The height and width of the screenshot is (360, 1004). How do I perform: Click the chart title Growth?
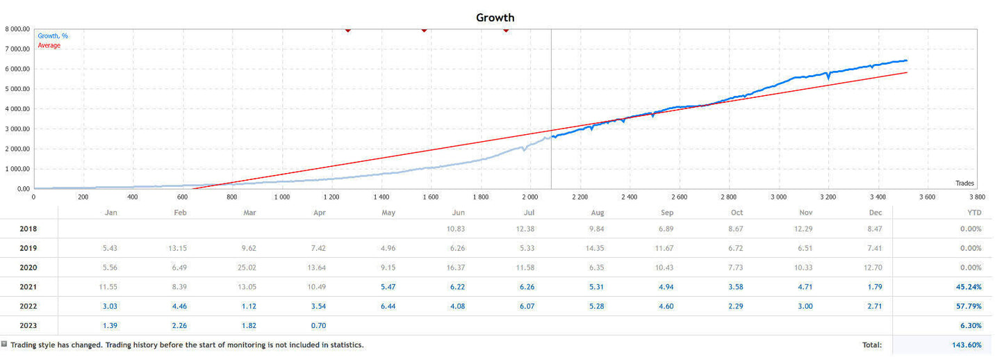click(x=495, y=17)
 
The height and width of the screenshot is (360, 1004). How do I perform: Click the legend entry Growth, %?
click(x=53, y=36)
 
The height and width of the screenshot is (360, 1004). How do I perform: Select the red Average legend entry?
click(x=49, y=45)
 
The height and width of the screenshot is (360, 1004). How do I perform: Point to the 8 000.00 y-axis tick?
click(x=17, y=29)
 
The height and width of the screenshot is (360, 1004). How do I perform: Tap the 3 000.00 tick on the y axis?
click(x=17, y=129)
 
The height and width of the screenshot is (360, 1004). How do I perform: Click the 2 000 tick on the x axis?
click(x=530, y=197)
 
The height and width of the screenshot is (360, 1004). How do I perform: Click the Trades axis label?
click(x=965, y=183)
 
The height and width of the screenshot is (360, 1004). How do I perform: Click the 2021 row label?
click(x=28, y=287)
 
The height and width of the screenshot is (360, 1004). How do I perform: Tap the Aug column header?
click(x=598, y=213)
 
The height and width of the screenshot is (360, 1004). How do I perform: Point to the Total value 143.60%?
click(x=966, y=345)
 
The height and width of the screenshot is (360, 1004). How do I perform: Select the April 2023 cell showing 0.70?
click(x=318, y=325)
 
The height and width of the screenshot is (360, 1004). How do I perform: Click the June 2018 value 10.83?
click(x=457, y=229)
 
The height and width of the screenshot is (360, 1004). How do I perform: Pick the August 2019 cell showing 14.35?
click(x=597, y=248)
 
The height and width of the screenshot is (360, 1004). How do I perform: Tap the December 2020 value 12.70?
click(x=875, y=268)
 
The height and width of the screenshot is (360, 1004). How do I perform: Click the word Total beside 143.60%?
click(x=872, y=345)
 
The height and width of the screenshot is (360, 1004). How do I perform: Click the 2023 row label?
click(x=28, y=325)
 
